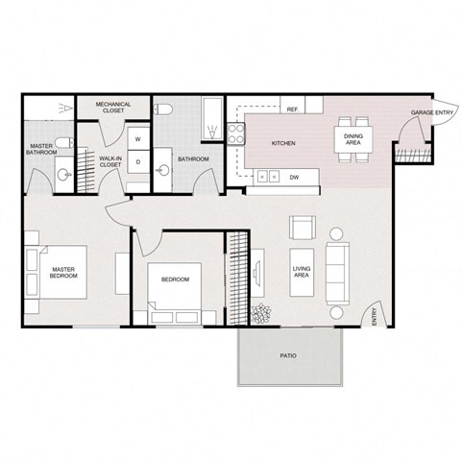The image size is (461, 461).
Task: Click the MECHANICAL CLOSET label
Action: [113, 109]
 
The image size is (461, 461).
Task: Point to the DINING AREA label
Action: [352, 140]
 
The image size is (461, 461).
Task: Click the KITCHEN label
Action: [283, 144]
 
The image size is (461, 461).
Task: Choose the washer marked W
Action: [137, 139]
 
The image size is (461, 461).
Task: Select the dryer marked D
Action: [137, 161]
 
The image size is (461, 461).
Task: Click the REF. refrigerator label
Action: [293, 109]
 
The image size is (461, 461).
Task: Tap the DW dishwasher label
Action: [293, 177]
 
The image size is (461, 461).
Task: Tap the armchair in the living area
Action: [303, 230]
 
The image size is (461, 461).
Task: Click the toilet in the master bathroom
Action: [61, 145]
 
